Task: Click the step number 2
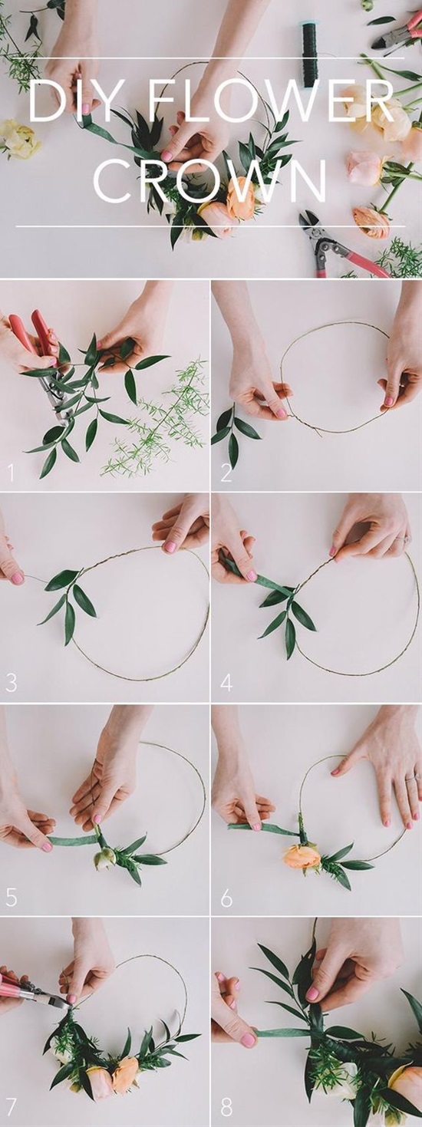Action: [x=226, y=473]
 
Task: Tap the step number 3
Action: [x=11, y=684]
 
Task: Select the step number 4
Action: [x=226, y=684]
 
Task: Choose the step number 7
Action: [x=11, y=1107]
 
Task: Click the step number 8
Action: [x=226, y=1107]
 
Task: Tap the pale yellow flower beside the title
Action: [x=19, y=139]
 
